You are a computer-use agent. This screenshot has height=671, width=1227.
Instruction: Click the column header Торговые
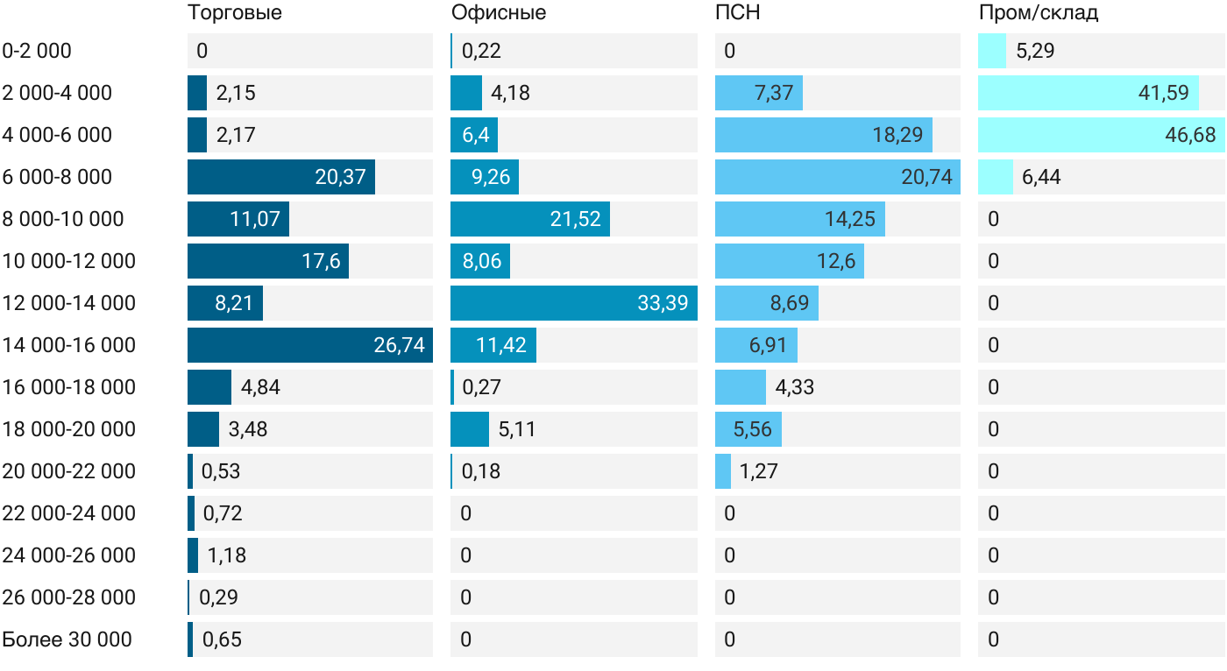(235, 12)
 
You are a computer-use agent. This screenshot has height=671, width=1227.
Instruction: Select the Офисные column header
(499, 12)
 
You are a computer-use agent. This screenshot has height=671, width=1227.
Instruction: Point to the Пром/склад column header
(1039, 12)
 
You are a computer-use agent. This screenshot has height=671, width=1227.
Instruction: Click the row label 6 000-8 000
(58, 177)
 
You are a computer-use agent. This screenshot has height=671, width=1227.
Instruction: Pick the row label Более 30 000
(67, 639)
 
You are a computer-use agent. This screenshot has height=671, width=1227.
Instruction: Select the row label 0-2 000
(37, 51)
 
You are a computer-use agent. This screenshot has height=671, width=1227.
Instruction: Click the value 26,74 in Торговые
(399, 345)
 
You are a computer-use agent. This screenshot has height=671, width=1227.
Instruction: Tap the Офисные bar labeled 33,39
(574, 303)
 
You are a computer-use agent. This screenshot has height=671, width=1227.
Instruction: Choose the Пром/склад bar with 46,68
(1101, 135)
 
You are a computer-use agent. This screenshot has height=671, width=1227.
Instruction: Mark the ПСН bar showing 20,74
(837, 177)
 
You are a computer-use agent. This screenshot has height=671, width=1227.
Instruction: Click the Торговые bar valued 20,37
(281, 177)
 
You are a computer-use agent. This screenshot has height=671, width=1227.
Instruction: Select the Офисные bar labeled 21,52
(530, 219)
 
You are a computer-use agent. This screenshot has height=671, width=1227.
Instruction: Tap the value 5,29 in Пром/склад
(1035, 51)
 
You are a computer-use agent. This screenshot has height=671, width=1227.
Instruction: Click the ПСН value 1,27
(758, 471)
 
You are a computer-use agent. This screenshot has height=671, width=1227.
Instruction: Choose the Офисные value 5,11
(516, 429)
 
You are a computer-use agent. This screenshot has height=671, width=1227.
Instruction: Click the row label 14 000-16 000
(69, 345)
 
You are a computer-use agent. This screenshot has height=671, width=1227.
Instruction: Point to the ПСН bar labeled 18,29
(824, 135)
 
